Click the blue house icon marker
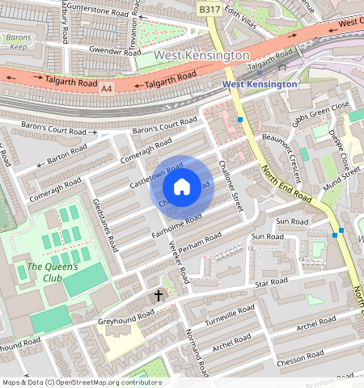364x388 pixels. click(x=182, y=188)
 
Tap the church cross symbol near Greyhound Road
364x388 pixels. click(x=159, y=297)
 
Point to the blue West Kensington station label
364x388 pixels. click(x=260, y=83)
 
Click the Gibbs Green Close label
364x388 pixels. click(x=323, y=112)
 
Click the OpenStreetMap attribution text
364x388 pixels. click(x=81, y=382)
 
